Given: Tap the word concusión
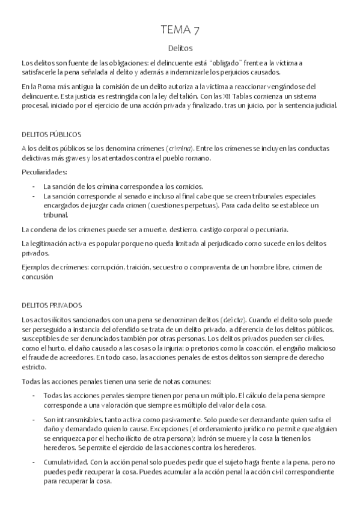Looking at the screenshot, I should pos(38,277).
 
